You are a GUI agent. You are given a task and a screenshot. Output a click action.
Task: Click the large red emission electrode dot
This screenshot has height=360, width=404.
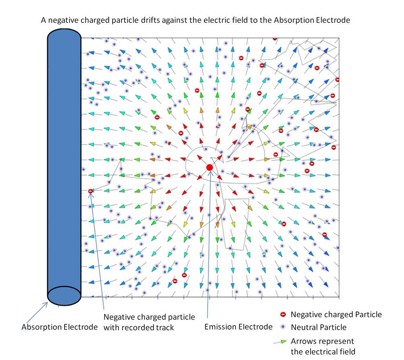[x=209, y=167]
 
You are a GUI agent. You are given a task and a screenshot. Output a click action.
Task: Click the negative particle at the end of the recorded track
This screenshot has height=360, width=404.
[x=90, y=191]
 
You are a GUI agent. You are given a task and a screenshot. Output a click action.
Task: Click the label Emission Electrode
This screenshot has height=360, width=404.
[x=238, y=327]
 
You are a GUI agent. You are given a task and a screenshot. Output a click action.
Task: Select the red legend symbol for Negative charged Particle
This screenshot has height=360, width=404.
[x=283, y=315]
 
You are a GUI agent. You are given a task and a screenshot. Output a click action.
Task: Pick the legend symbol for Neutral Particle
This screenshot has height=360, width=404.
[x=283, y=327]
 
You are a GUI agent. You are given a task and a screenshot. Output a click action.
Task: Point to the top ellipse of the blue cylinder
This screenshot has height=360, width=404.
[x=64, y=36]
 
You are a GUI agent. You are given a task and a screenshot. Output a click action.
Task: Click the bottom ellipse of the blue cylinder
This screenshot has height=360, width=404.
[x=64, y=296]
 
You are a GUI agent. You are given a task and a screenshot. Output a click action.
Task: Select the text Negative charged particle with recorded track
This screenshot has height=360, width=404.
[x=149, y=322]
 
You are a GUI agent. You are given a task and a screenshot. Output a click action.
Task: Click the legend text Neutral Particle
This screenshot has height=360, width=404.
[x=318, y=327]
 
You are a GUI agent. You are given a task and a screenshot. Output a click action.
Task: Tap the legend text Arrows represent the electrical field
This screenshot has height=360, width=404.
[x=322, y=346]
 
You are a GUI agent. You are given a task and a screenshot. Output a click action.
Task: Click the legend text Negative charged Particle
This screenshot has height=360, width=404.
[x=336, y=315]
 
